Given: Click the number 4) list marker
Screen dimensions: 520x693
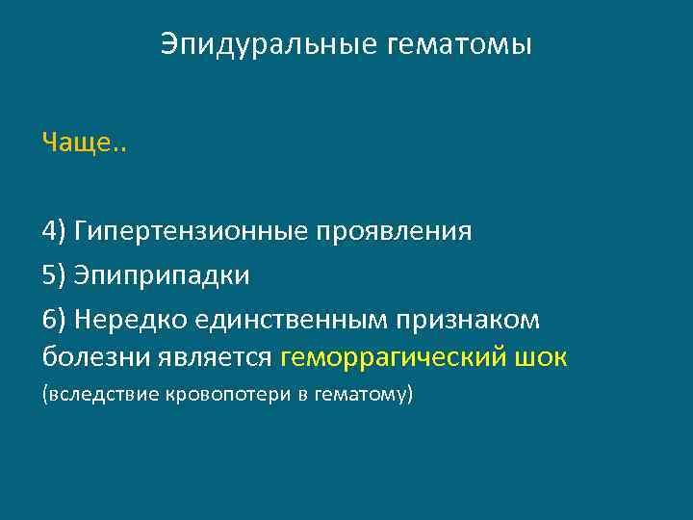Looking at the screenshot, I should pyautogui.click(x=54, y=232).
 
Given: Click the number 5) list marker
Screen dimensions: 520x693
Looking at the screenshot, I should pyautogui.click(x=54, y=275).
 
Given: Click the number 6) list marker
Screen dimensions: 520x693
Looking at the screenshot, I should pyautogui.click(x=54, y=318).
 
